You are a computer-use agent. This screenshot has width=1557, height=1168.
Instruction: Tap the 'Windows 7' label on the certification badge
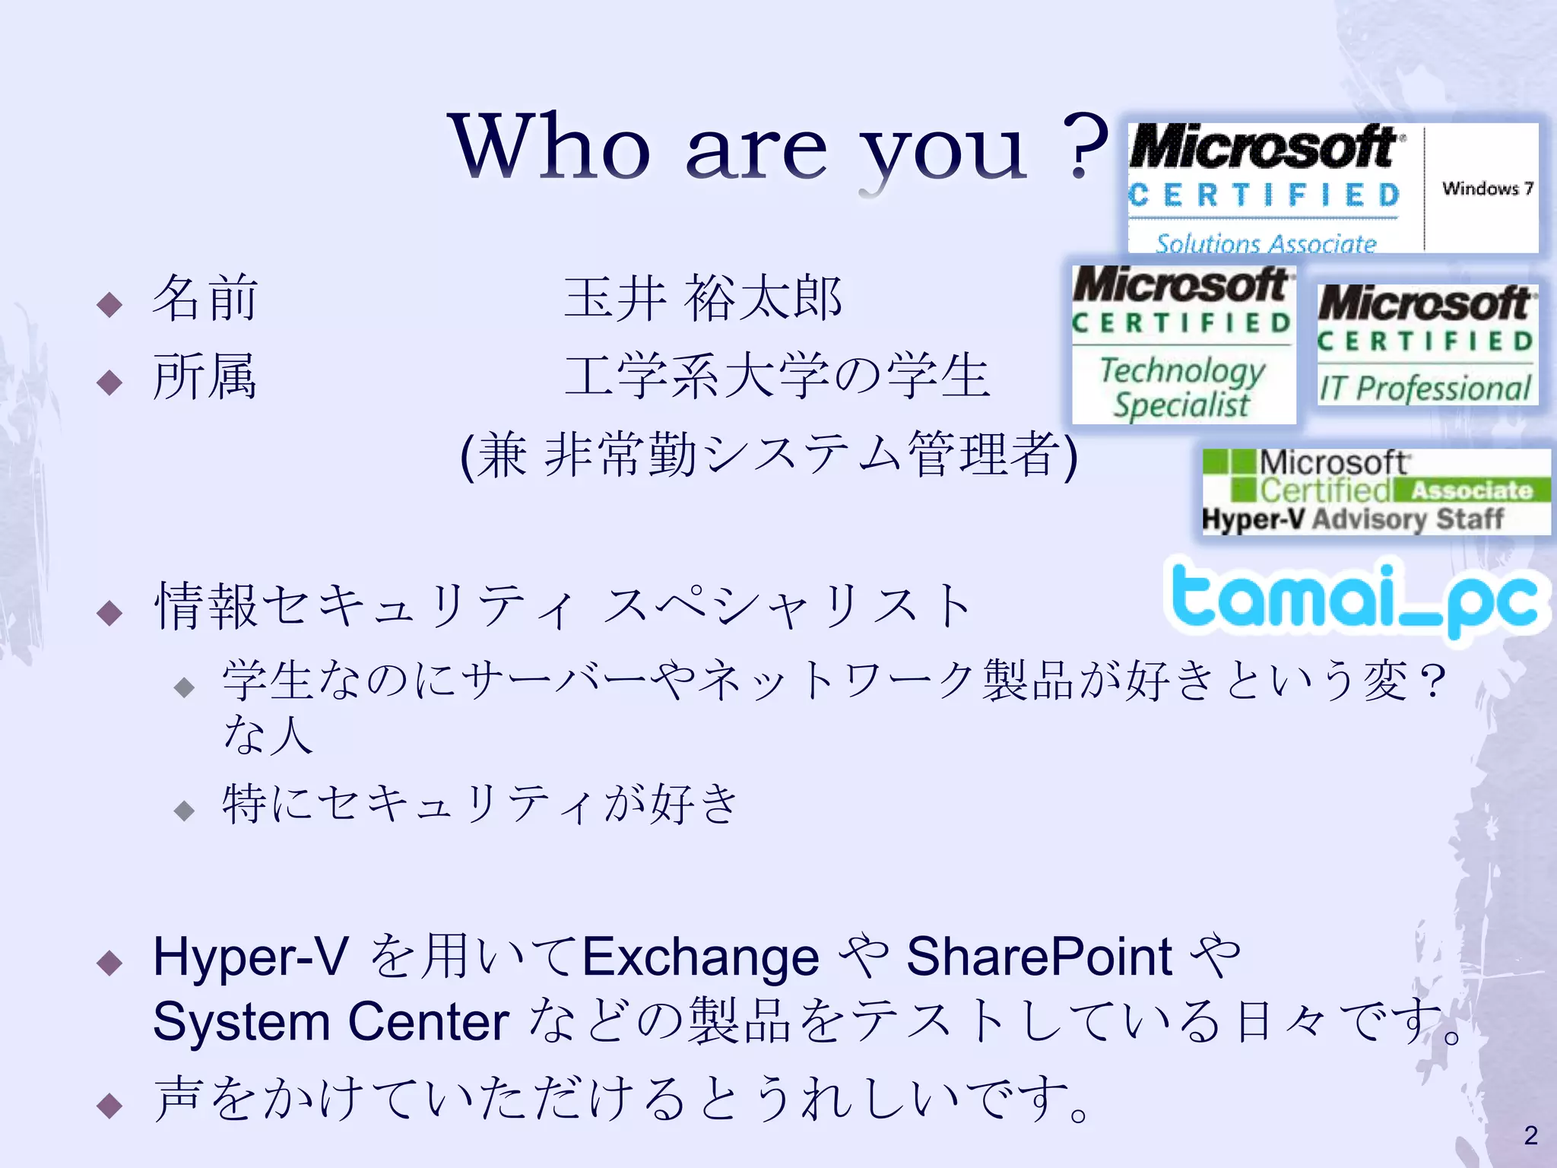click(x=1487, y=188)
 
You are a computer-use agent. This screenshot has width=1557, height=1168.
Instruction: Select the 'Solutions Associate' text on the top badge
click(x=1266, y=243)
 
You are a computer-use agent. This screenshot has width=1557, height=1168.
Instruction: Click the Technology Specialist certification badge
click(x=1183, y=344)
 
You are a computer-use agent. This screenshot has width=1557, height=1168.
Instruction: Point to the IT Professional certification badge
click(x=1427, y=344)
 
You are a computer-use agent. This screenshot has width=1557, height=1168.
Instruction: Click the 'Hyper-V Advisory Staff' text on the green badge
click(x=1352, y=519)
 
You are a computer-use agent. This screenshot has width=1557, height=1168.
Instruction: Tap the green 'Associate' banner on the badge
click(x=1471, y=490)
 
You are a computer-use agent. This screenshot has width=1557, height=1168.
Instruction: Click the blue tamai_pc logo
click(x=1356, y=601)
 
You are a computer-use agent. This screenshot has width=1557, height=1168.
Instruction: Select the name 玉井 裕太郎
click(x=702, y=298)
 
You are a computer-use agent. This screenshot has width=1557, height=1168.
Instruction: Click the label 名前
click(x=205, y=298)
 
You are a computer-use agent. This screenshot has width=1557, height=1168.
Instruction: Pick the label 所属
click(x=205, y=376)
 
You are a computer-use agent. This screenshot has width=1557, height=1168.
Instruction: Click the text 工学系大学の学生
click(x=777, y=376)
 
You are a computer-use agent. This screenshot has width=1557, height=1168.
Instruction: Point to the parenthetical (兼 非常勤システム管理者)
click(x=769, y=455)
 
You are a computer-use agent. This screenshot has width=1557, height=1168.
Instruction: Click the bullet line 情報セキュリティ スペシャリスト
click(x=563, y=607)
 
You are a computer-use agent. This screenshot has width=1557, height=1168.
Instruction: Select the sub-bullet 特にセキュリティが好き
click(x=480, y=805)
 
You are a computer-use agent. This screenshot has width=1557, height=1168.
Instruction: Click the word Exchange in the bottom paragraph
click(x=700, y=957)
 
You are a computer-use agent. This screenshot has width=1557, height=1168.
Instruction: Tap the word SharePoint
click(x=1039, y=957)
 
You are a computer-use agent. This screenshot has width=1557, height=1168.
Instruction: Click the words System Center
click(x=331, y=1021)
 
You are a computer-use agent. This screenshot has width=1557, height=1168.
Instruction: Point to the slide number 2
click(x=1530, y=1135)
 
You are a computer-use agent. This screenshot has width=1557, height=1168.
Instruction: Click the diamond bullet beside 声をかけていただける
click(x=110, y=1104)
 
